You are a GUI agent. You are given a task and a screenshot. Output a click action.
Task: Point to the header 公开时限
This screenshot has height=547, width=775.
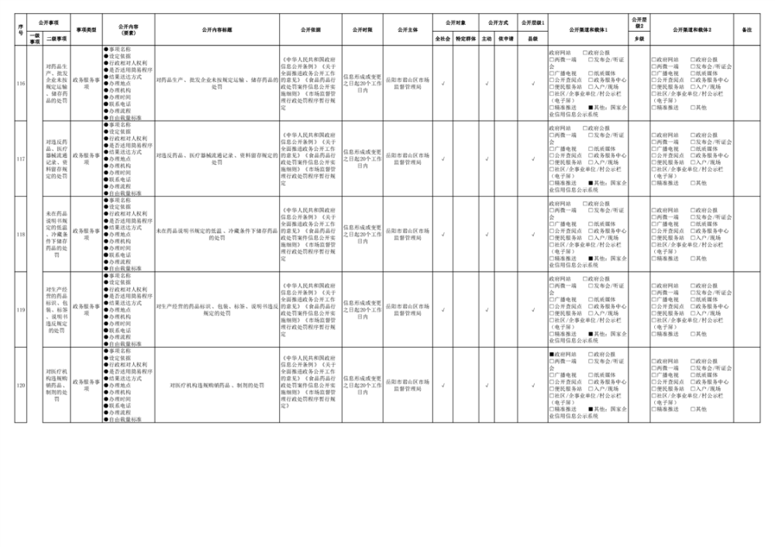(x=362, y=29)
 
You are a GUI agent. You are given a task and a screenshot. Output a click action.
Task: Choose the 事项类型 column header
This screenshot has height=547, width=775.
(x=86, y=29)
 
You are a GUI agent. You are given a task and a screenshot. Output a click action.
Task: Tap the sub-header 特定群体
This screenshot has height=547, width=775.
(x=467, y=37)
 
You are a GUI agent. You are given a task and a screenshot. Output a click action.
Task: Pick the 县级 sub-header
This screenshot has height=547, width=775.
(x=532, y=37)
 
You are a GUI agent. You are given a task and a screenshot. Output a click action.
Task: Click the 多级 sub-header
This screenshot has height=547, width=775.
(x=639, y=37)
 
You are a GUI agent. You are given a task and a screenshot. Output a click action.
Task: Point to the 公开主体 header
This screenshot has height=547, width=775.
(x=408, y=29)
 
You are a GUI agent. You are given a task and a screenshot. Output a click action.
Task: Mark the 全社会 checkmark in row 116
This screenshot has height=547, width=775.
(x=443, y=83)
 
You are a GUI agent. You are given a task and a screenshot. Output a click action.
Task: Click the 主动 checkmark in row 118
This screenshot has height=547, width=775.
(x=486, y=234)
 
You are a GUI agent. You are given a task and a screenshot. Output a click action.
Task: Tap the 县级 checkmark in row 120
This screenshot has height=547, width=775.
(x=532, y=385)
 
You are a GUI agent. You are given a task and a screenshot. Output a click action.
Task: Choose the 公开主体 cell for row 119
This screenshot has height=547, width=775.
(x=408, y=310)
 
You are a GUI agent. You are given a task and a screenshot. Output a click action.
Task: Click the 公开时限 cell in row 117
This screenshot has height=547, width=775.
(x=362, y=158)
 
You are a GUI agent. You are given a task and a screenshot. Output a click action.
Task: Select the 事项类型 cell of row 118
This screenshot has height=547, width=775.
(x=86, y=234)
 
